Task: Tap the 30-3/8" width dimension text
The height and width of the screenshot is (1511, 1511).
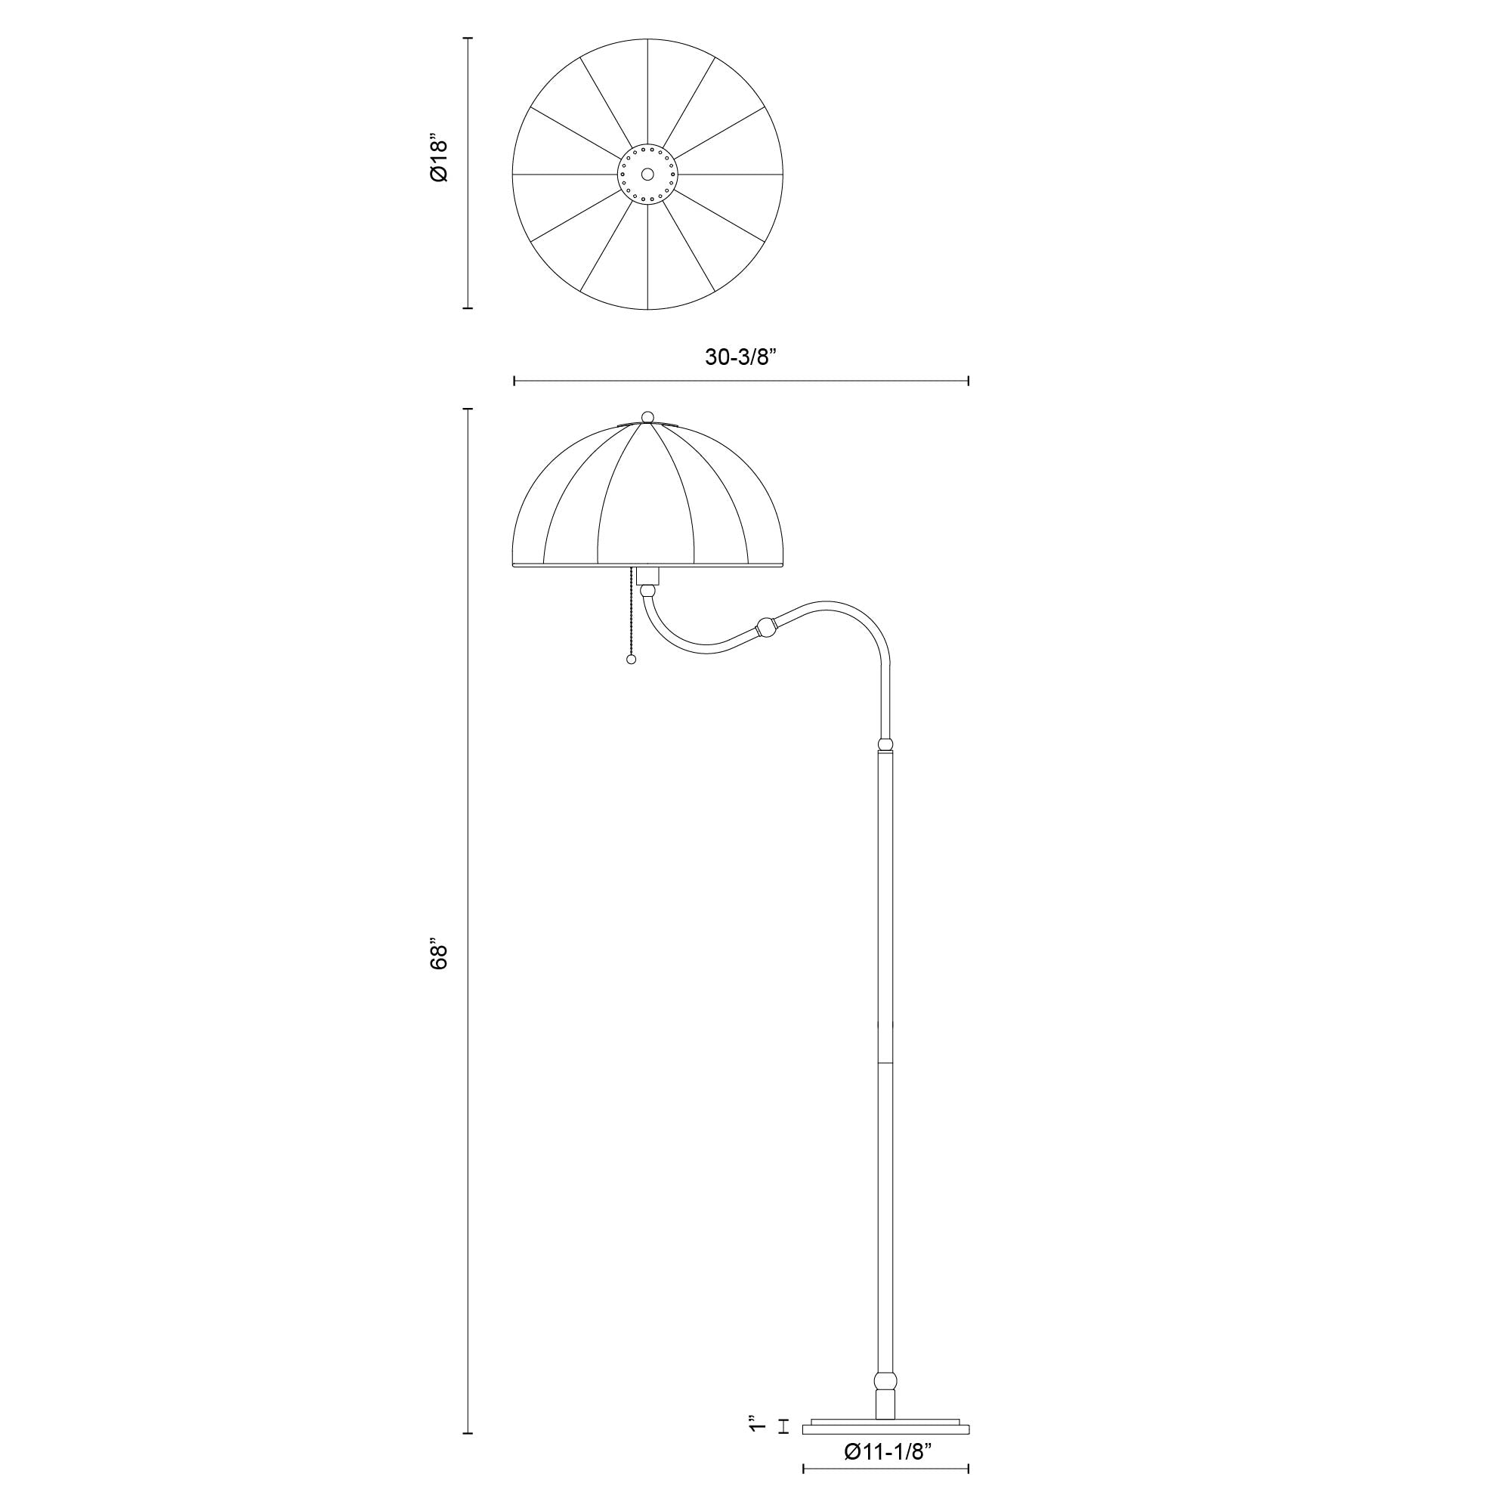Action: tap(739, 357)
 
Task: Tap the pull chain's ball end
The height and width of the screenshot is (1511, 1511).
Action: tap(631, 660)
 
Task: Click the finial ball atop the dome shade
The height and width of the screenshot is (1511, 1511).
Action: tap(647, 416)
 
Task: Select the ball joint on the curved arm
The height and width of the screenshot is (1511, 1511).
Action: tap(766, 627)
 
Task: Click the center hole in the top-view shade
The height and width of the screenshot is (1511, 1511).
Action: tap(647, 174)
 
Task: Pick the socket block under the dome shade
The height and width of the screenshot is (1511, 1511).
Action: tap(647, 577)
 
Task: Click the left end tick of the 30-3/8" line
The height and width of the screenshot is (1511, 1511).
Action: tap(514, 381)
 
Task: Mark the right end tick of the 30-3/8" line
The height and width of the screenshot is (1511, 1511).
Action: tap(969, 381)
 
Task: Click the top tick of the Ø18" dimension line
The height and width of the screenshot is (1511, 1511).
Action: tap(468, 39)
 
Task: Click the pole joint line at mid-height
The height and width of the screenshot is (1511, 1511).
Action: tap(885, 1063)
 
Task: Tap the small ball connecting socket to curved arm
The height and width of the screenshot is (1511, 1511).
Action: tap(647, 593)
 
